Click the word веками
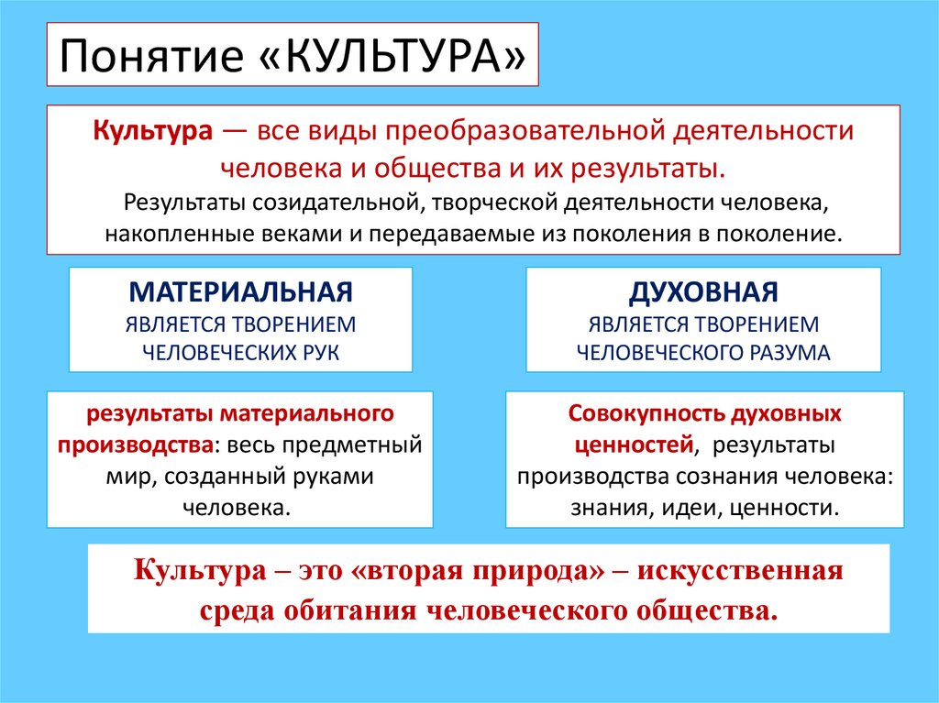[285, 232]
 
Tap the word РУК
[320, 352]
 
